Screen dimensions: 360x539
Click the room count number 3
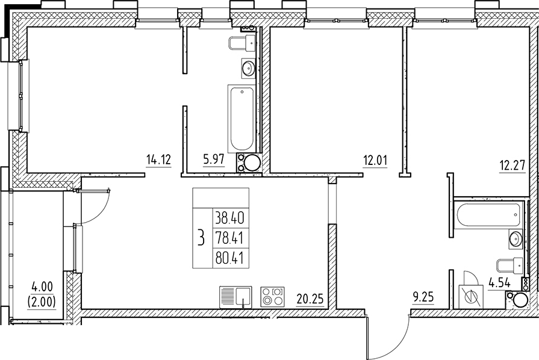[201, 238]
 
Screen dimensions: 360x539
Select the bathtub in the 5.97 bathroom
[241, 119]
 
